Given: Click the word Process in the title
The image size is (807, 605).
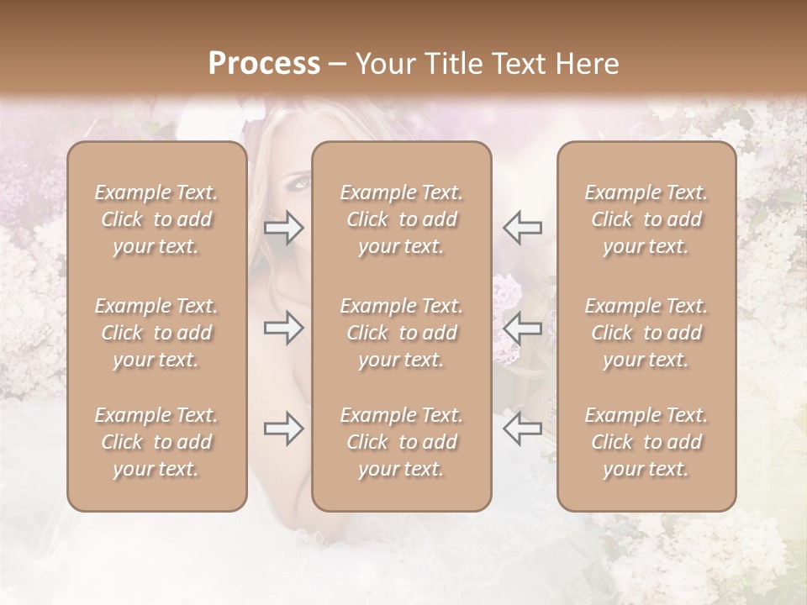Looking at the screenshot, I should [264, 64].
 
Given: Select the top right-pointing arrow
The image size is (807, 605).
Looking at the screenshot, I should [283, 228].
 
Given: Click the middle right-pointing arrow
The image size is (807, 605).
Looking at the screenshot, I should [283, 329].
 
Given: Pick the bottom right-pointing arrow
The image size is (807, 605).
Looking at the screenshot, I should [283, 429].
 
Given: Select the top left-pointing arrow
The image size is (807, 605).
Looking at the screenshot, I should [523, 228].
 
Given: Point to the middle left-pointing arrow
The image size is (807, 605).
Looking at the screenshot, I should [523, 329].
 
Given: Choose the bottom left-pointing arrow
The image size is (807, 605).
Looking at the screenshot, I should [523, 429].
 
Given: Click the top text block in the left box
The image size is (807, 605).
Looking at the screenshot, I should [156, 219].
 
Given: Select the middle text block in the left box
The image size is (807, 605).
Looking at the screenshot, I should [156, 333].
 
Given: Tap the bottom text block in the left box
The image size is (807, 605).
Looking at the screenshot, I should [156, 442].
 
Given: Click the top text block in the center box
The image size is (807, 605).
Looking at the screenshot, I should [402, 219].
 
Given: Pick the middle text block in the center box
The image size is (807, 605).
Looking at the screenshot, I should [402, 333].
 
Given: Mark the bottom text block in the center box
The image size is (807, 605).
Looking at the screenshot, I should [402, 442].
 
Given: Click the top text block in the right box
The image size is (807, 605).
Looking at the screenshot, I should [646, 219].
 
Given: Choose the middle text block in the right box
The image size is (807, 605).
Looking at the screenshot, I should [646, 333].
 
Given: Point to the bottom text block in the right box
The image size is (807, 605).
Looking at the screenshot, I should [646, 442].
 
